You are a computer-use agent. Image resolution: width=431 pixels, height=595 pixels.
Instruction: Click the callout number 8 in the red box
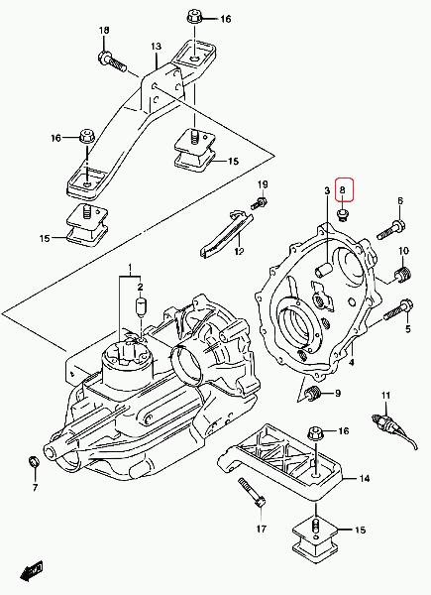pos(342,190)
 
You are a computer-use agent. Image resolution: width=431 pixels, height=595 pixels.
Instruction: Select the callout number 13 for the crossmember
pos(156,47)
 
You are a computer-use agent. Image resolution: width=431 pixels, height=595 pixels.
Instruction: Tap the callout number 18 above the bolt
pos(104,30)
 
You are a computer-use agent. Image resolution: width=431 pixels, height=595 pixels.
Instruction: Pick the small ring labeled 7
pos(35,462)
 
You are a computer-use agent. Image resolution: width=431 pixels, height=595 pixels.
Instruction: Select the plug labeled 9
pos(313,394)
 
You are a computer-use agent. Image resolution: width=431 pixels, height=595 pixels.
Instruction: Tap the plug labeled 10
pos(402,274)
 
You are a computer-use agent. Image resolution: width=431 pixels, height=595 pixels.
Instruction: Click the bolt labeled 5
pos(398,309)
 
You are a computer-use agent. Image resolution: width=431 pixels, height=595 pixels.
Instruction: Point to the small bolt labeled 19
pos(259,202)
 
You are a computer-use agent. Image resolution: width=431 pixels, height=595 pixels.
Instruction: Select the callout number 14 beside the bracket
pos(364,479)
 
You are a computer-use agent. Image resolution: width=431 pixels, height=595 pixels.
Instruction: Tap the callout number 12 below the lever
pos(239,251)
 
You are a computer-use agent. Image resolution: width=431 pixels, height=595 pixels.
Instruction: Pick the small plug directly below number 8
pos(342,215)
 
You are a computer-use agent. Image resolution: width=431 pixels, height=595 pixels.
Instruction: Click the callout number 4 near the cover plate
pos(352,362)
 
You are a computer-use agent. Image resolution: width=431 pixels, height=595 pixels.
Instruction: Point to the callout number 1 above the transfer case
pos(130,268)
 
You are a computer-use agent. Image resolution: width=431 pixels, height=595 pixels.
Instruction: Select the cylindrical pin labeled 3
pos(323,270)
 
